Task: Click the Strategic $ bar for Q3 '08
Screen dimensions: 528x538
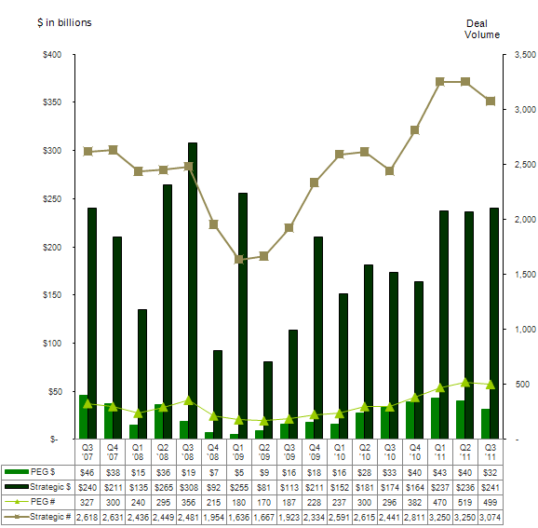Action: pyautogui.click(x=193, y=290)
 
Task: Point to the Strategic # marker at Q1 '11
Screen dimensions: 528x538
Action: pyautogui.click(x=439, y=82)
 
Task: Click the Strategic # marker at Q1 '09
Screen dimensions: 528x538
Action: pyautogui.click(x=238, y=260)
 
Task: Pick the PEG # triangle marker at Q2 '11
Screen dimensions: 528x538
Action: pyautogui.click(x=466, y=382)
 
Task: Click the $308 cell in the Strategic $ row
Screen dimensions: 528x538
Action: pyautogui.click(x=188, y=487)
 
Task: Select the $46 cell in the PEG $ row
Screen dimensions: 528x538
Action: pyautogui.click(x=87, y=473)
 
